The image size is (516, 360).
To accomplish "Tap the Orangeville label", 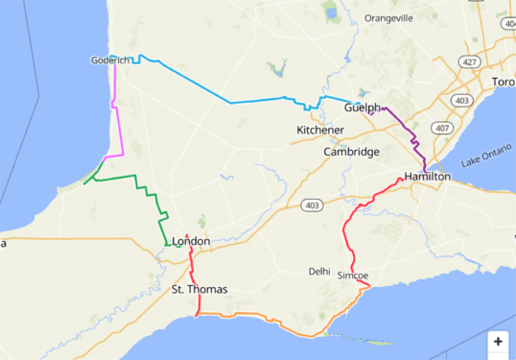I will point(388,18).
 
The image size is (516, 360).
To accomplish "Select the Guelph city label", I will point(362,108).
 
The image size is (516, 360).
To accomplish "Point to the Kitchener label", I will point(320,130).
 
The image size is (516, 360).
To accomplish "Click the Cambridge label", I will point(351,152).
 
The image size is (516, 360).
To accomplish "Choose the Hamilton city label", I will point(427,178).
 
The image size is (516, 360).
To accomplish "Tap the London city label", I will point(191,241).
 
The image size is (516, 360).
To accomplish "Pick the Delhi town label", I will point(319,272).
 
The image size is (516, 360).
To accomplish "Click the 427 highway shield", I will point(469,61).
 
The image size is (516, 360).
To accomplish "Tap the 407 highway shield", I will point(441,128).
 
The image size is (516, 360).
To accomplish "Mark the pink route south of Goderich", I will point(117,125).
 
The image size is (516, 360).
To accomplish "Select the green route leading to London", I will point(144,191).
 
